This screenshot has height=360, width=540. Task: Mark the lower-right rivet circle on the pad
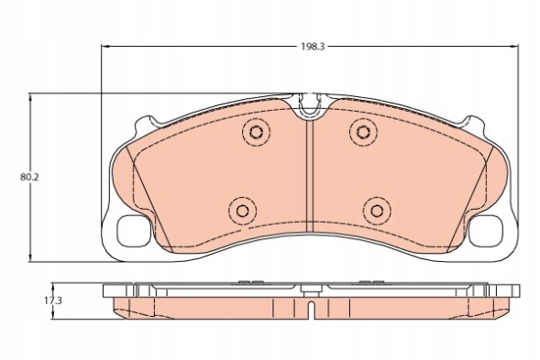pos(374,210)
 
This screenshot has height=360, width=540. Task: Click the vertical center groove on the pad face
pos(312,174)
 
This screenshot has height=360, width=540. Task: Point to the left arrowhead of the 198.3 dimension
pos(103,48)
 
